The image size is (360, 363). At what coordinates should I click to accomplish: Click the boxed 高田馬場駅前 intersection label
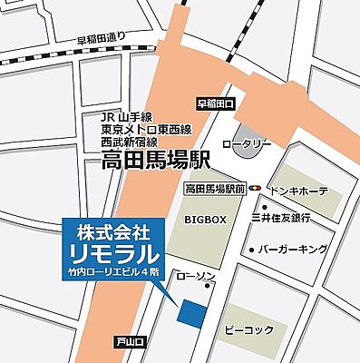(216, 189)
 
